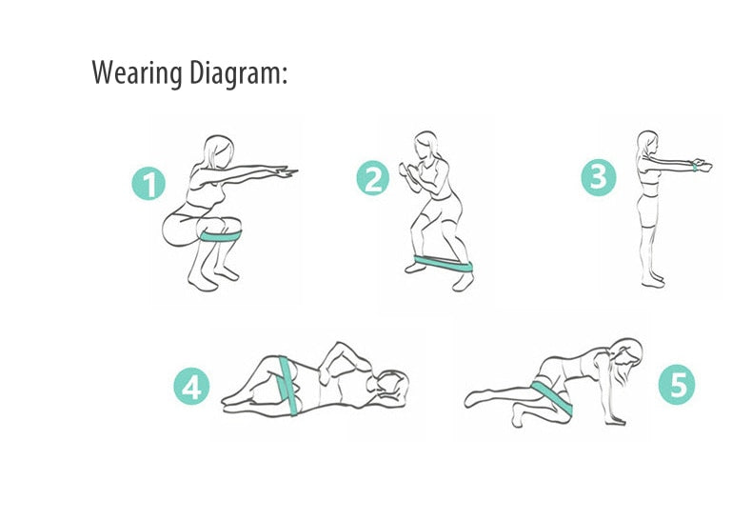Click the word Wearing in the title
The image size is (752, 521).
pyautogui.click(x=137, y=73)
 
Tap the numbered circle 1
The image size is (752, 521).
pyautogui.click(x=148, y=183)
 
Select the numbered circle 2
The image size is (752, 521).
pyautogui.click(x=373, y=178)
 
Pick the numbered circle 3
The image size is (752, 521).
pyautogui.click(x=599, y=177)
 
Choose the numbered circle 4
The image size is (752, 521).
pyautogui.click(x=191, y=386)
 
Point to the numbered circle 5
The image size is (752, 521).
pyautogui.click(x=676, y=384)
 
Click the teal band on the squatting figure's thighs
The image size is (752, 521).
pyautogui.click(x=221, y=236)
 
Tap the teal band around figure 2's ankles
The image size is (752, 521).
pyautogui.click(x=444, y=264)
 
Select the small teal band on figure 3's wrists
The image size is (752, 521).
pyautogui.click(x=695, y=167)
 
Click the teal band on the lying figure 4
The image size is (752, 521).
pyautogui.click(x=288, y=386)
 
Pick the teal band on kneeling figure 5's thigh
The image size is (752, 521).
pyautogui.click(x=552, y=397)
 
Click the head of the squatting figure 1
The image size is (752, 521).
pyautogui.click(x=219, y=150)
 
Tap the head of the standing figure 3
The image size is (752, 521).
pyautogui.click(x=647, y=143)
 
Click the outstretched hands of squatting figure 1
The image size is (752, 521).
pyautogui.click(x=287, y=171)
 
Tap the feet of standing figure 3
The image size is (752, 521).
pyautogui.click(x=652, y=281)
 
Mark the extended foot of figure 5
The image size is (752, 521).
pyautogui.click(x=476, y=399)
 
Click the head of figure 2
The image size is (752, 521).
pyautogui.click(x=425, y=146)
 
